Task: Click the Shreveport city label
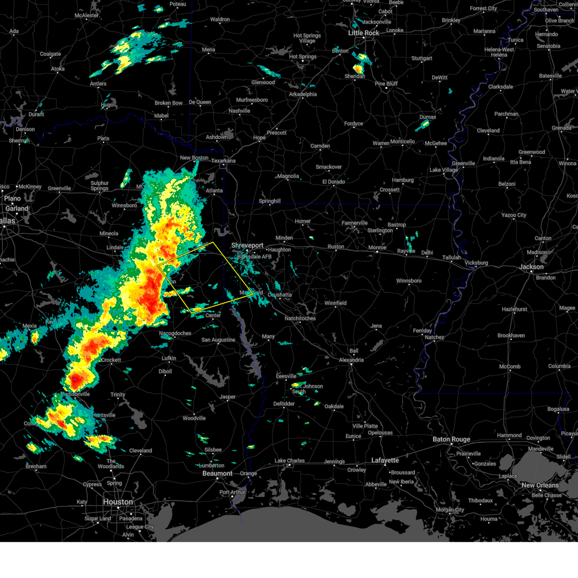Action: click(247, 246)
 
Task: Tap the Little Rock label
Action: click(364, 33)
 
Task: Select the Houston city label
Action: click(118, 502)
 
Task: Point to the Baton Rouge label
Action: click(451, 439)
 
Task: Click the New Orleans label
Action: click(540, 485)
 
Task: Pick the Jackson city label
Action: click(531, 267)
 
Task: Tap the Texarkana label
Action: click(223, 161)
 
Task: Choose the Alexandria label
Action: click(351, 360)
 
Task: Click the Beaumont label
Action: click(217, 473)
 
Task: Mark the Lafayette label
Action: click(385, 460)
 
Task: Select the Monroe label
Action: click(377, 248)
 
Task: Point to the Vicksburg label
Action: click(476, 263)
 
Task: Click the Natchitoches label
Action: click(300, 318)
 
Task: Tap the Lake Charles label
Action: click(289, 461)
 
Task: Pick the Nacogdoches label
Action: click(175, 333)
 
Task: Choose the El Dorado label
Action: click(334, 182)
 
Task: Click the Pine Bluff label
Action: click(386, 84)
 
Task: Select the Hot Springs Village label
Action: click(307, 38)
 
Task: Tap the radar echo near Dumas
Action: click(423, 125)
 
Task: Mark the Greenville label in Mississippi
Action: click(463, 164)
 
